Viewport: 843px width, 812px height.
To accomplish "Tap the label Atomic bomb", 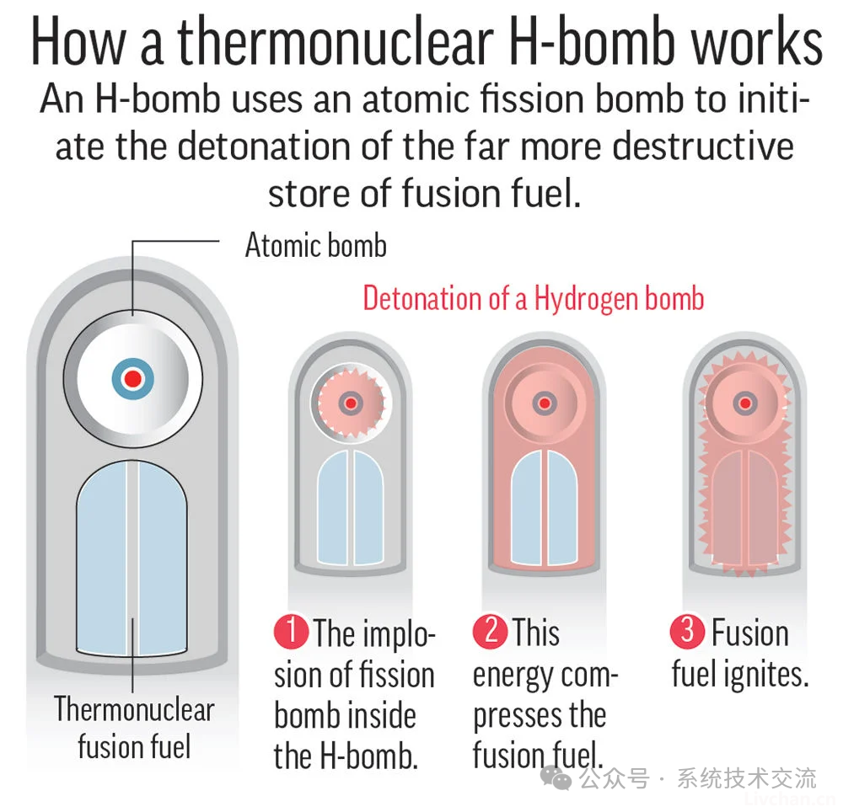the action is pyautogui.click(x=316, y=245).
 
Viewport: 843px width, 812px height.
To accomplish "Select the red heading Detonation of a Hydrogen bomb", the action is pyautogui.click(x=534, y=298).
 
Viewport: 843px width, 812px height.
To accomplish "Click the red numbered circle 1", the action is pyautogui.click(x=291, y=632).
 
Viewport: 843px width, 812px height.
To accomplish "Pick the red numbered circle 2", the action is pyautogui.click(x=491, y=631).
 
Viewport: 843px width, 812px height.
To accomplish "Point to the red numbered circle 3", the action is pyautogui.click(x=688, y=631).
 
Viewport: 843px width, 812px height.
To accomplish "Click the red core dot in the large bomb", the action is pyautogui.click(x=133, y=379).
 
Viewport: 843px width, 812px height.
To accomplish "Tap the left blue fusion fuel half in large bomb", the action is pyautogui.click(x=102, y=558).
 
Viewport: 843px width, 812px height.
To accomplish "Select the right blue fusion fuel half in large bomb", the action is pyautogui.click(x=163, y=558).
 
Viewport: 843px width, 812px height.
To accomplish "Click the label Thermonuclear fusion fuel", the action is pyautogui.click(x=134, y=728).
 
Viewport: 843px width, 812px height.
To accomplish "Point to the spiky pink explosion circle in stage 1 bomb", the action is pyautogui.click(x=351, y=403).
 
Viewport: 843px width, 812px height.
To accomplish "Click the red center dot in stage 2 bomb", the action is pyautogui.click(x=545, y=403).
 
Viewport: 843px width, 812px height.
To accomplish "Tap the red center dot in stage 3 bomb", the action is pyautogui.click(x=745, y=403).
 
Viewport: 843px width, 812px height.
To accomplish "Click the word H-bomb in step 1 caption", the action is pyautogui.click(x=369, y=756).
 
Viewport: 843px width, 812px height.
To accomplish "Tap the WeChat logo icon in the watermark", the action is pyautogui.click(x=556, y=778).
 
